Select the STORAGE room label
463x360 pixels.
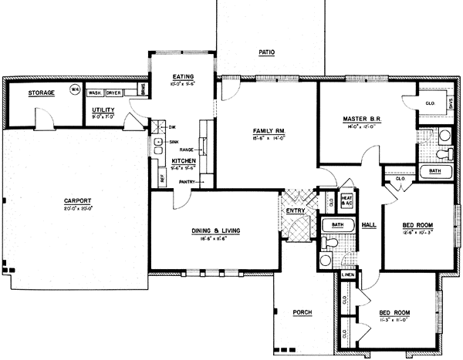pyautogui.click(x=41, y=93)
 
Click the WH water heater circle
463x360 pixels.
pyautogui.click(x=75, y=89)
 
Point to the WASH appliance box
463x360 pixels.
pyautogui.click(x=96, y=93)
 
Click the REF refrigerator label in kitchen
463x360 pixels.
pyautogui.click(x=162, y=178)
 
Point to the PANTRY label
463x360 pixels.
pyautogui.click(x=187, y=182)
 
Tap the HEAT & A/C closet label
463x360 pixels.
pyautogui.click(x=346, y=199)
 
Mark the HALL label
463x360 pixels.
pyautogui.click(x=368, y=224)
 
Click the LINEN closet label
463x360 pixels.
pyautogui.click(x=347, y=274)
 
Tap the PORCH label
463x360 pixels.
pyautogui.click(x=302, y=312)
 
